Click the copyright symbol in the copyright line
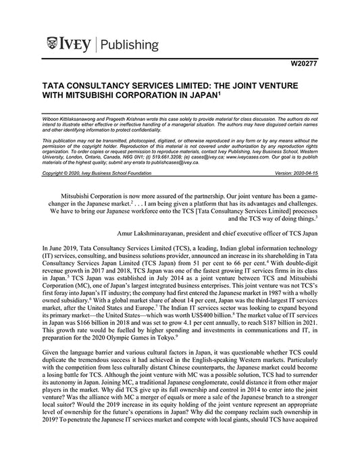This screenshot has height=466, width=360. pyautogui.click(x=77, y=174)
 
